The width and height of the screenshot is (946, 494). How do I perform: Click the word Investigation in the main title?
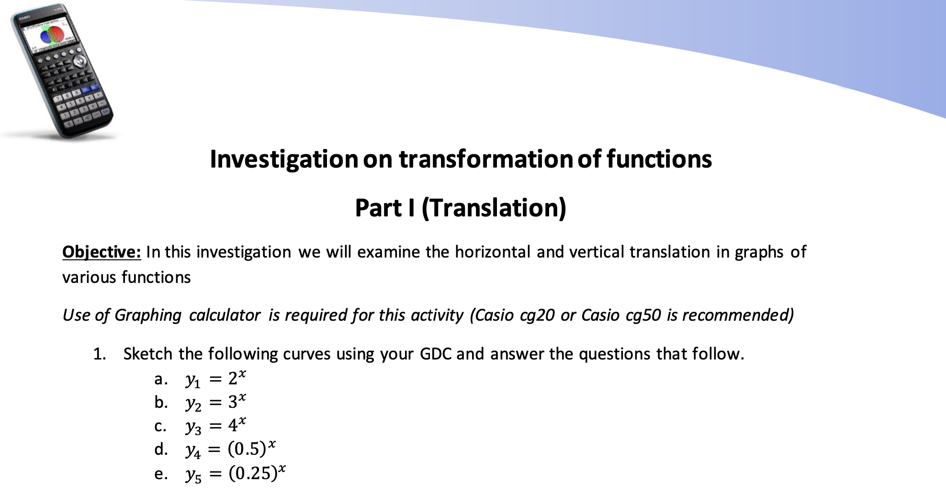click(284, 159)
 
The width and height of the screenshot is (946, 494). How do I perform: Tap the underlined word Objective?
click(101, 252)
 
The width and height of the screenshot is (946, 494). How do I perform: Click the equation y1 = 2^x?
click(216, 379)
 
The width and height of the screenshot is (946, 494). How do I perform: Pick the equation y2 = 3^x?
click(216, 402)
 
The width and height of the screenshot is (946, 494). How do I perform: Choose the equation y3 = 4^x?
click(216, 425)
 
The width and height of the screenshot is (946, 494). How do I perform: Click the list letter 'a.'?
click(161, 379)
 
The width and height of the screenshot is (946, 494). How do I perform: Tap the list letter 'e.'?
click(161, 474)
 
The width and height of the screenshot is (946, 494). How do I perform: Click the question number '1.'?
click(100, 354)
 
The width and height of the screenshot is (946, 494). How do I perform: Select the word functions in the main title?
click(659, 159)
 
